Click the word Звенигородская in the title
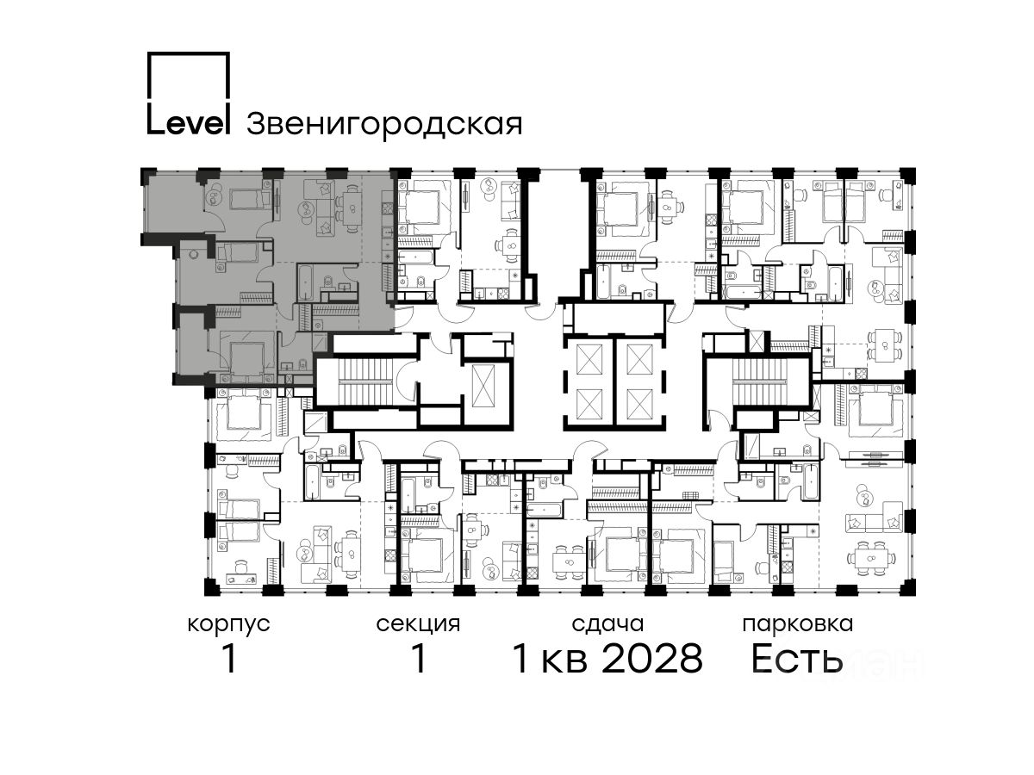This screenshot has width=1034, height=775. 384,124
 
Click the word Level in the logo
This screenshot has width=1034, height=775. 188,122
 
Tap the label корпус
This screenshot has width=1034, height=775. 229,625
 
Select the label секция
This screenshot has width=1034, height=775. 418,625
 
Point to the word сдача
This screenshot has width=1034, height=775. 607,624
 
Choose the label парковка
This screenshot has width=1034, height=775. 798,625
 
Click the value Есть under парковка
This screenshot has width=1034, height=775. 796,659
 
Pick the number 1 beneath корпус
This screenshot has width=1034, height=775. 230,659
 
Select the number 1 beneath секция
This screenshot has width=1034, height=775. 419,659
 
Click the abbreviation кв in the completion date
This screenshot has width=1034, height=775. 564,662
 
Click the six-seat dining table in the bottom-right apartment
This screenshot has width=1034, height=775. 871,559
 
